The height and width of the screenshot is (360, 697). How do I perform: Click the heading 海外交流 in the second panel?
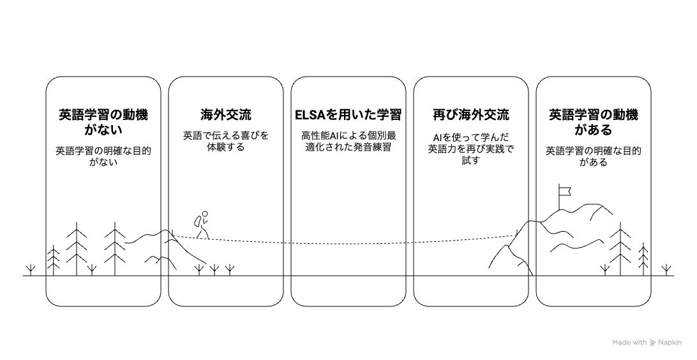(225, 116)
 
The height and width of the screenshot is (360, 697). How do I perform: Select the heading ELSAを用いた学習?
(348, 116)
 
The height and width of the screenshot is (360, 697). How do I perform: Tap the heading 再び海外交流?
(471, 116)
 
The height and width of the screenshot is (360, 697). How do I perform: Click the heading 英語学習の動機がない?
(103, 123)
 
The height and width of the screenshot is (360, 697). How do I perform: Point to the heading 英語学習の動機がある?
(594, 123)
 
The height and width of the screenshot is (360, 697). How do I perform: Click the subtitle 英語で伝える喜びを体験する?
(225, 141)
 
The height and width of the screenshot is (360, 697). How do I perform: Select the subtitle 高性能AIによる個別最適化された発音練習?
(348, 141)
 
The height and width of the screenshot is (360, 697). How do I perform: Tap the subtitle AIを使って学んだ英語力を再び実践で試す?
(471, 149)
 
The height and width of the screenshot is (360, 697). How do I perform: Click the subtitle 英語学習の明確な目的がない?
(103, 156)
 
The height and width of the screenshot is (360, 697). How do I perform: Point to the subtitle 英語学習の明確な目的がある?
(594, 156)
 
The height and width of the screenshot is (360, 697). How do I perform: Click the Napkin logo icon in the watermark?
(652, 343)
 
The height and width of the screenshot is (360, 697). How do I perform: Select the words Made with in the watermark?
(629, 343)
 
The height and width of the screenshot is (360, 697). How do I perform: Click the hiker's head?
(206, 214)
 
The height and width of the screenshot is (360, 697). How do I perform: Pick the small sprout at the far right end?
(667, 269)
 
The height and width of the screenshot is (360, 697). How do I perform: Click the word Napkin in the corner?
(671, 343)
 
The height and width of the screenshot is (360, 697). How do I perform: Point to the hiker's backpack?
(199, 221)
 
